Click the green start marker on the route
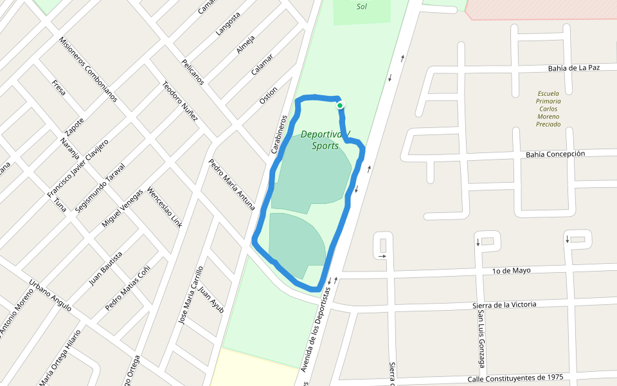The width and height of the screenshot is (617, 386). tap(339, 106)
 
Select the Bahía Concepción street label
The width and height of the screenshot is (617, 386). tap(555, 154)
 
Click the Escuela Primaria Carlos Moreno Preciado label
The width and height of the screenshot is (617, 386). tap(549, 109)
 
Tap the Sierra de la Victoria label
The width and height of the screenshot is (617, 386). tap(504, 304)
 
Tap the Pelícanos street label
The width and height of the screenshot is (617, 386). tap(193, 71)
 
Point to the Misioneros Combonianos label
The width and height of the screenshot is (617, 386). tap(88, 69)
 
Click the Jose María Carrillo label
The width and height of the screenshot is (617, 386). tap(191, 294)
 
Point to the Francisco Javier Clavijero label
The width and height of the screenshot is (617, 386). tap(77, 168)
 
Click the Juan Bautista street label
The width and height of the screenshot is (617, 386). tap(105, 268)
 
